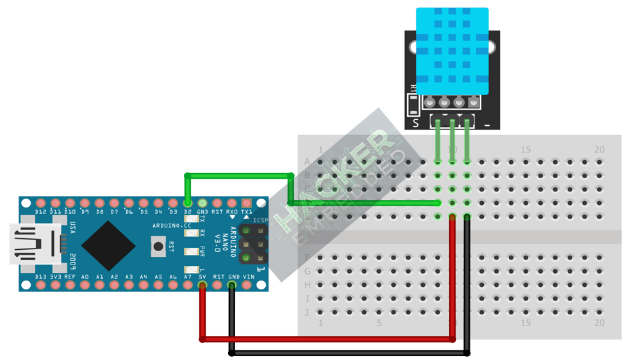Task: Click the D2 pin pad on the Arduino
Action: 188,203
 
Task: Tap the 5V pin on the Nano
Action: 202,284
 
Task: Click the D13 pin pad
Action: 40,284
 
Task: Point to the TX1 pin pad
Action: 246,203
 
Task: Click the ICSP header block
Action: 254,244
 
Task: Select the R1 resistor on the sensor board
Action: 413,102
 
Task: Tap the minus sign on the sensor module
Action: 488,124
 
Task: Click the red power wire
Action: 327,338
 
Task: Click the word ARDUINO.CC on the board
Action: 172,225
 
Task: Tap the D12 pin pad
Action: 40,203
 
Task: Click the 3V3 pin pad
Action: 55,284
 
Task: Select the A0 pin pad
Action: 85,284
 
